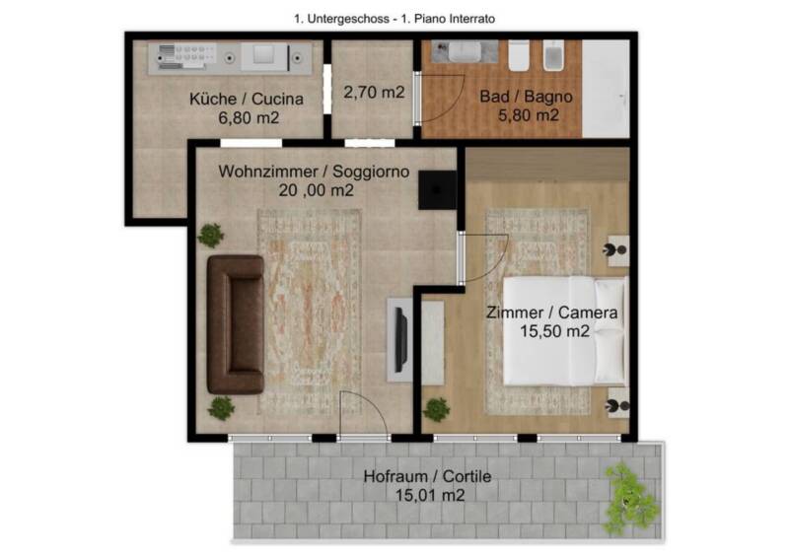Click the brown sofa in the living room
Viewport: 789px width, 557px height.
[x=236, y=324]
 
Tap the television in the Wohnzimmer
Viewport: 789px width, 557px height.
[x=401, y=340]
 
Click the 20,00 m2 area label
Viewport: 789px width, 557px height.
[x=316, y=190]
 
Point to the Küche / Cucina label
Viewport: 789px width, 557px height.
[x=246, y=99]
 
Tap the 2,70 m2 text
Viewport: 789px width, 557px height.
[x=374, y=92]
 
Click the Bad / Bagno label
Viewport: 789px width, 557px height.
[x=526, y=96]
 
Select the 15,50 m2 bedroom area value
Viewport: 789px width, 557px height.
[x=554, y=331]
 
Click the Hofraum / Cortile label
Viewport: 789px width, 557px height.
[x=427, y=476]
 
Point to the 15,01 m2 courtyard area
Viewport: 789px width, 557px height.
[x=430, y=495]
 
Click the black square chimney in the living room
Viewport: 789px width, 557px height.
[x=437, y=189]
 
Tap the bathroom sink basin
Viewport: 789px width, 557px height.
[x=465, y=51]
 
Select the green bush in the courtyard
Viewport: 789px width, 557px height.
[x=631, y=499]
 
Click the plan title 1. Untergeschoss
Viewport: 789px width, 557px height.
[x=341, y=19]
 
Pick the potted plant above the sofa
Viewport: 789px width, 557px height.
[x=211, y=235]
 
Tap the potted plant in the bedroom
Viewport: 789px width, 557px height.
[x=436, y=409]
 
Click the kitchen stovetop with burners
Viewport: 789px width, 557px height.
[x=186, y=56]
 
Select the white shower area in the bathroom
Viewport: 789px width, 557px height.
[x=606, y=89]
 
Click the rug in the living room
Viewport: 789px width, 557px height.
[x=309, y=313]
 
